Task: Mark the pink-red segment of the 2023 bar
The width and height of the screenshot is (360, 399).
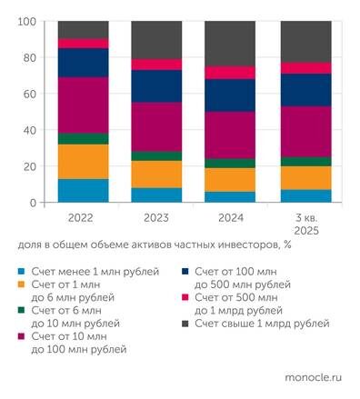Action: click(155, 65)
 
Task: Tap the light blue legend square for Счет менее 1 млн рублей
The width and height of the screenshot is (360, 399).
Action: click(22, 272)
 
